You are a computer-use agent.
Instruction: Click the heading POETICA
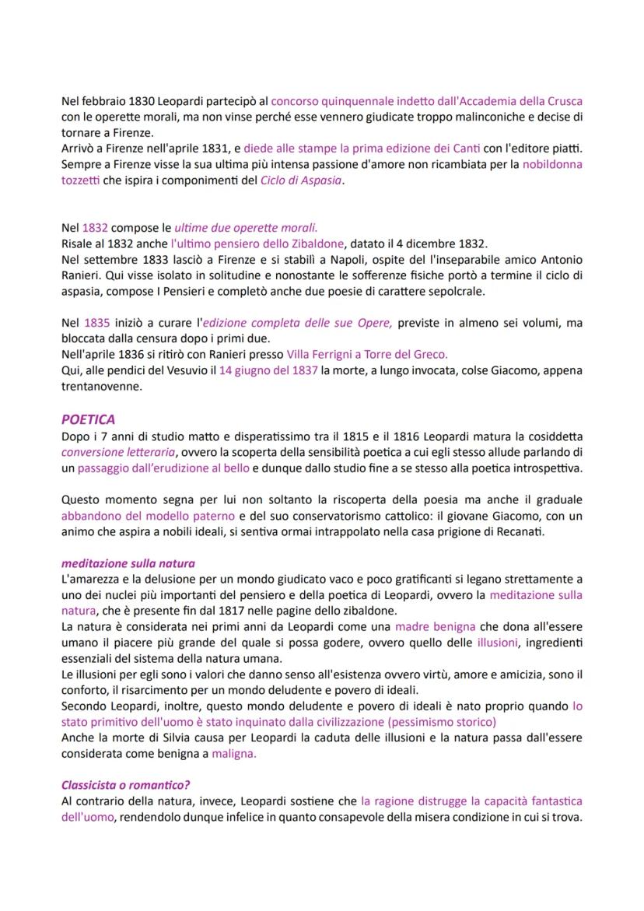(89, 419)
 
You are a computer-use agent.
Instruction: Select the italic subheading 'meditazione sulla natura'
(128, 562)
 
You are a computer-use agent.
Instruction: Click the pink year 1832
(95, 228)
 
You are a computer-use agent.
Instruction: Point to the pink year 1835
(95, 321)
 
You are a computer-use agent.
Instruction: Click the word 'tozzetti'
(80, 180)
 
